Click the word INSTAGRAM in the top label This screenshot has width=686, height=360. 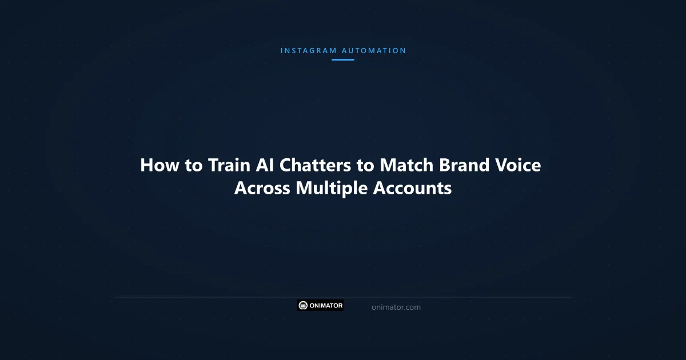[x=308, y=50]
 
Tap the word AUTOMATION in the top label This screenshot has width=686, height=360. [x=374, y=50]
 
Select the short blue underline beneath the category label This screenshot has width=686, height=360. [x=343, y=59]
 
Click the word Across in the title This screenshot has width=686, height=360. [x=262, y=188]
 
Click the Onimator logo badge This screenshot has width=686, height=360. [x=320, y=305]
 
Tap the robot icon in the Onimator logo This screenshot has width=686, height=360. [x=303, y=305]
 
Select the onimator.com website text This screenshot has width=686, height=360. [x=396, y=307]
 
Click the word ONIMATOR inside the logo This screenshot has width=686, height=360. [x=326, y=305]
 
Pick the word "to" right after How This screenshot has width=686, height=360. [x=193, y=165]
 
